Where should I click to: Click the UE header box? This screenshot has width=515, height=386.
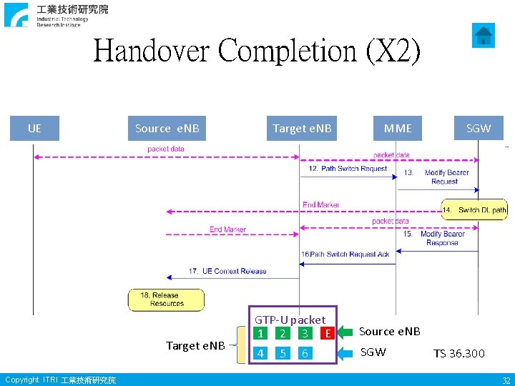(34, 129)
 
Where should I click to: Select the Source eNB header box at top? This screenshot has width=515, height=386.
(167, 129)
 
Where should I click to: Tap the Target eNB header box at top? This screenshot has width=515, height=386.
(302, 129)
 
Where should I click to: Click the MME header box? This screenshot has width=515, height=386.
(398, 129)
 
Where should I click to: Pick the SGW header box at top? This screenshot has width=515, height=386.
(479, 129)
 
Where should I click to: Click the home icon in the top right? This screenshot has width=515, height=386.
(484, 35)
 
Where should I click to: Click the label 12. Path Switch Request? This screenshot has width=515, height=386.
(348, 169)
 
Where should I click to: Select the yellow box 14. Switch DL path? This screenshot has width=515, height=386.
(474, 209)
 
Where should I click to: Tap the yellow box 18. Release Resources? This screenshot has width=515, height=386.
(166, 300)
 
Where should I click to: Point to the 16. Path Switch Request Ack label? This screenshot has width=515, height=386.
(345, 254)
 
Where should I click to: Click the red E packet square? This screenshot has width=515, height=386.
(327, 333)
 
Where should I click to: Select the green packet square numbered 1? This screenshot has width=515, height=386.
(261, 333)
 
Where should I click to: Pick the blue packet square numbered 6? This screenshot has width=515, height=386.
(305, 353)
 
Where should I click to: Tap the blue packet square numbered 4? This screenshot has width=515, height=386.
(261, 353)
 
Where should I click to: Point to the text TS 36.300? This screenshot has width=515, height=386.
(458, 353)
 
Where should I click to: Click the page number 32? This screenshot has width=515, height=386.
(506, 380)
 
